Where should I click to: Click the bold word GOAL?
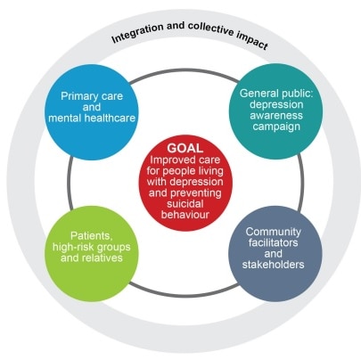(185, 148)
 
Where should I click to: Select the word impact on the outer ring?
(253, 40)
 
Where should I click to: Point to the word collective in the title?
(211, 29)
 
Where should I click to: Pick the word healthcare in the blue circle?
(110, 118)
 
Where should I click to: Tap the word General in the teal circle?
(257, 94)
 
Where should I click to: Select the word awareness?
(276, 115)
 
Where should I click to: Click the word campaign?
(276, 127)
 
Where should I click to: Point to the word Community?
(274, 232)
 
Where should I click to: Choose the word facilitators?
(273, 242)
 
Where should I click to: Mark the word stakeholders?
(273, 265)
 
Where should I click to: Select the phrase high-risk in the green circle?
(74, 247)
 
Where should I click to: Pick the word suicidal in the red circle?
(185, 204)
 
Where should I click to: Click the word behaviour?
(185, 215)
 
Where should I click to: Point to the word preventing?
(196, 193)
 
